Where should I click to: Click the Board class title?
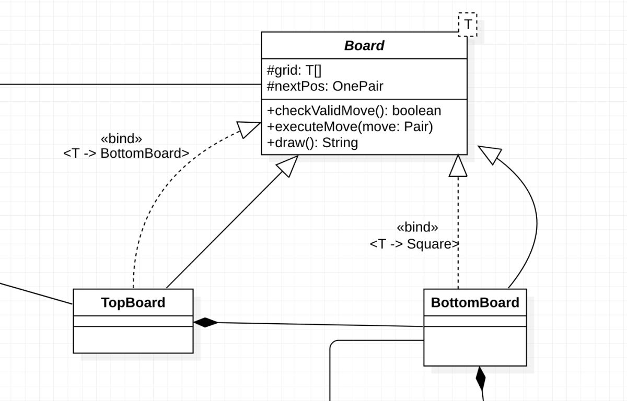pos(364,45)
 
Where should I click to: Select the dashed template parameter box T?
pos(468,25)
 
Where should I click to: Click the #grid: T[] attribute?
pos(294,70)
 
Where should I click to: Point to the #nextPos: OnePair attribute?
pos(325,86)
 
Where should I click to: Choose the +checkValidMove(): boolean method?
pos(354,111)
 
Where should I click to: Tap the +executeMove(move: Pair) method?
pos(350,127)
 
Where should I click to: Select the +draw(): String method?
pos(312,143)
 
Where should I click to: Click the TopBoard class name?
pos(133,302)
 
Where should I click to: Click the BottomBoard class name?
pos(475,302)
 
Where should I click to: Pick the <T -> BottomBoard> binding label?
pos(126,154)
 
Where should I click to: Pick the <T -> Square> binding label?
pos(414,244)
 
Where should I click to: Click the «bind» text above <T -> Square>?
pos(417,227)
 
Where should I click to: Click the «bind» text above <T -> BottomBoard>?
pos(121,139)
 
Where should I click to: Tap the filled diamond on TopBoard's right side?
pos(206,323)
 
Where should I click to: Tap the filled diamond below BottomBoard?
pos(481,379)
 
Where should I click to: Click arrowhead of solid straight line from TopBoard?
pos(288,166)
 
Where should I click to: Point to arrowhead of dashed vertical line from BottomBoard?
pos(458,166)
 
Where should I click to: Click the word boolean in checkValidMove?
pos(416,111)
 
